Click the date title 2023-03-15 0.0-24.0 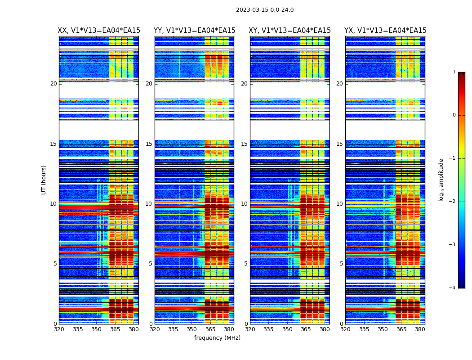pyautogui.click(x=265, y=10)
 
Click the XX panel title pyautogui.click(x=99, y=31)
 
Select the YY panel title pyautogui.click(x=194, y=31)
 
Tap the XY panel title pyautogui.click(x=290, y=31)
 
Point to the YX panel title pyautogui.click(x=385, y=31)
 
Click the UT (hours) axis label pyautogui.click(x=44, y=180)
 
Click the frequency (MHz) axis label pyautogui.click(x=217, y=338)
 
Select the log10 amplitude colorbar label pyautogui.click(x=441, y=180)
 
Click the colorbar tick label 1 pyautogui.click(x=454, y=72)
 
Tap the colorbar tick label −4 pyautogui.click(x=453, y=288)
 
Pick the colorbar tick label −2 pyautogui.click(x=453, y=202)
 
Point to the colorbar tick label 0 pyautogui.click(x=454, y=115)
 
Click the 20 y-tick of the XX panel pyautogui.click(x=53, y=84)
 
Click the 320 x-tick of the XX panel pyautogui.click(x=59, y=329)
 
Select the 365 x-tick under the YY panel pyautogui.click(x=210, y=329)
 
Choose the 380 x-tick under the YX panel pyautogui.click(x=420, y=329)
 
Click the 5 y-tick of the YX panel pyautogui.click(x=342, y=264)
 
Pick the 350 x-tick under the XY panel pyautogui.click(x=287, y=329)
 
